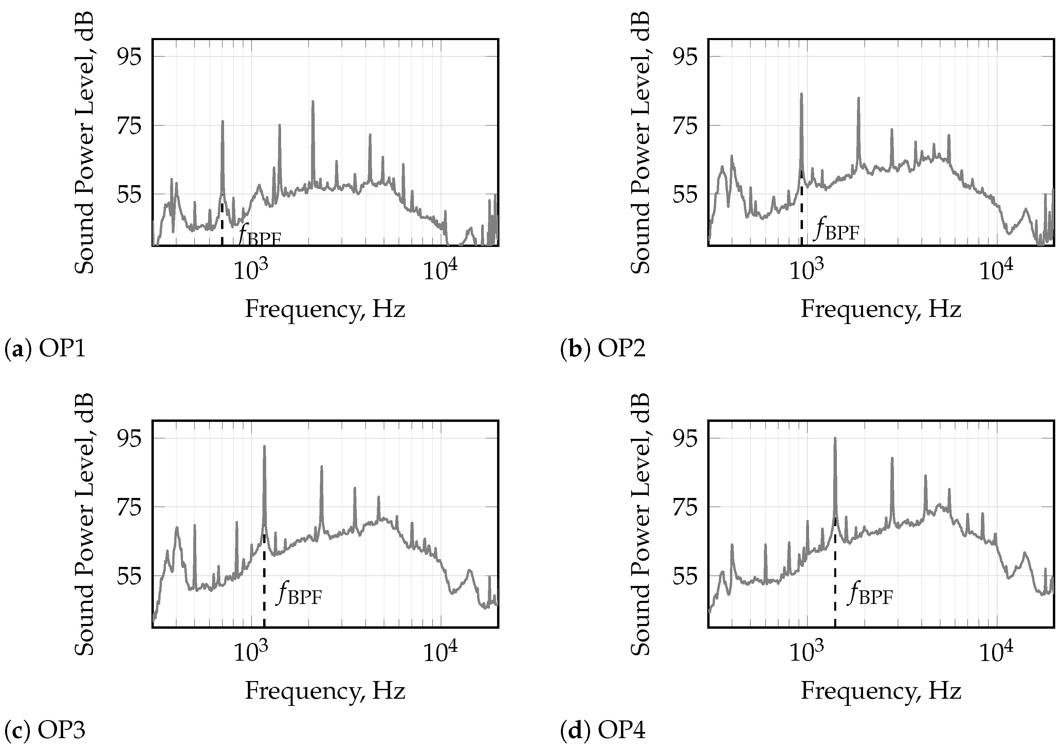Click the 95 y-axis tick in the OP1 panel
(129, 56)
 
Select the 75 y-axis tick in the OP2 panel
(685, 125)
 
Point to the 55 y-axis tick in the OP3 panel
(129, 576)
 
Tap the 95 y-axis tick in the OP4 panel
(685, 438)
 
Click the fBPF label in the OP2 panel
(837, 230)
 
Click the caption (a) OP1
(45, 349)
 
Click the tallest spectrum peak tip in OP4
(835, 438)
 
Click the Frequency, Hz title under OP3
(325, 691)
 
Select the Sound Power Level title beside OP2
(640, 142)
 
